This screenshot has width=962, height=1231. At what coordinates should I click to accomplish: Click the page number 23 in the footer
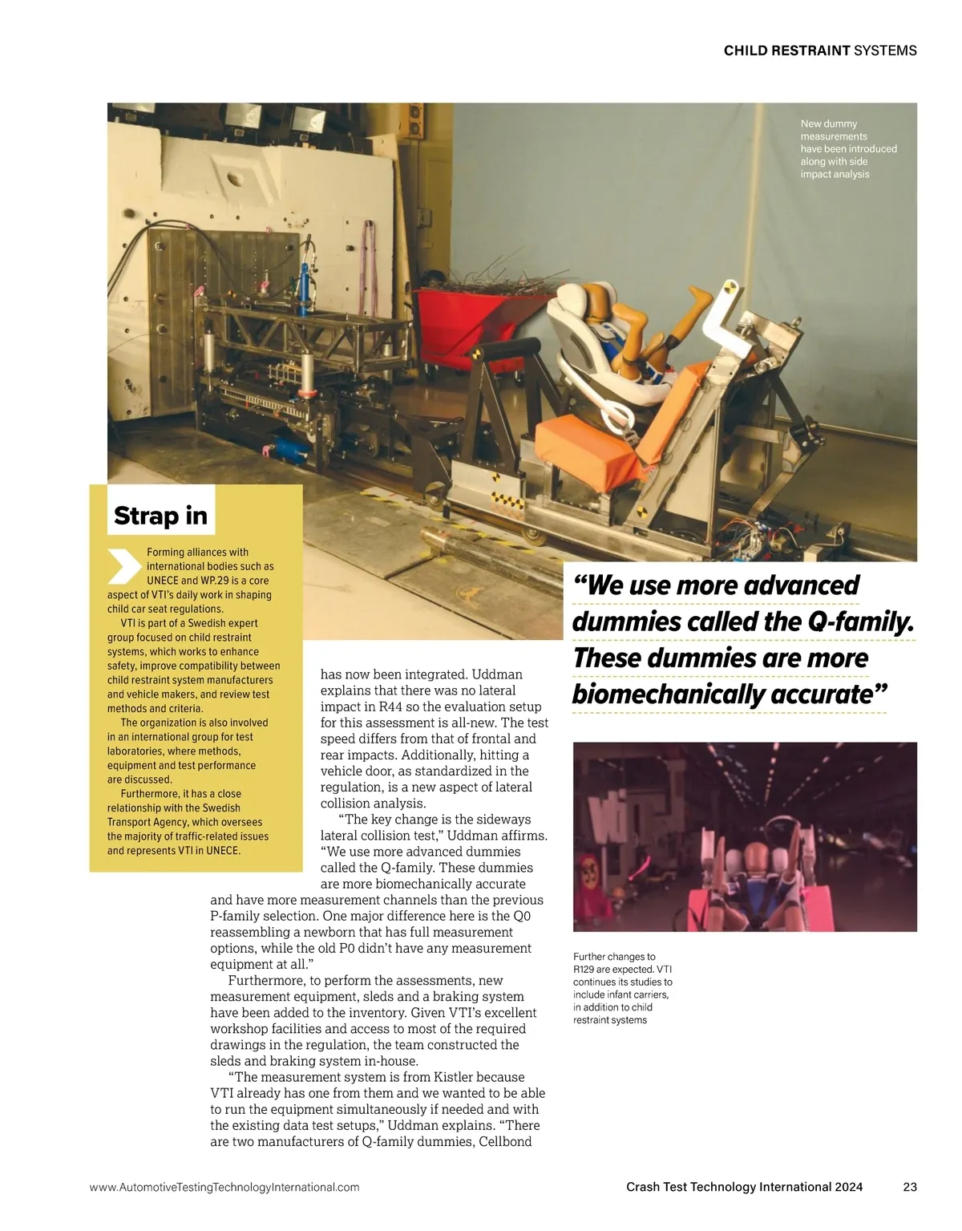[909, 1187]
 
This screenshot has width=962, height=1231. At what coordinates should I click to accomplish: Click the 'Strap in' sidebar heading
[160, 516]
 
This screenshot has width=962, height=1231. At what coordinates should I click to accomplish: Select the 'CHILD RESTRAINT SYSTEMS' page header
[819, 51]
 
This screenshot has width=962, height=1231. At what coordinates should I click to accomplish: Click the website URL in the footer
[224, 1187]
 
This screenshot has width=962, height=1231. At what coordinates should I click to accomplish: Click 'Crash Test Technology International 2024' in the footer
[744, 1187]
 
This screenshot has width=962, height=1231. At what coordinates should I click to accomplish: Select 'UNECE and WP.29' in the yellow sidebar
[208, 581]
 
